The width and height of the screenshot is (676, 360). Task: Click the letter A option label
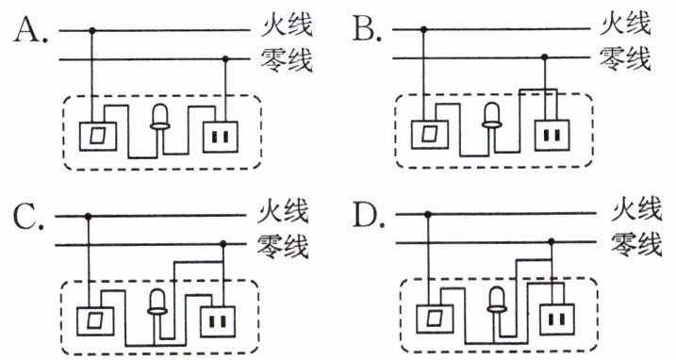tap(30, 30)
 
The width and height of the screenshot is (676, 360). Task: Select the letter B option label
tap(368, 29)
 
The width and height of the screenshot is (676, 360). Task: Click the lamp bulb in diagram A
tap(159, 117)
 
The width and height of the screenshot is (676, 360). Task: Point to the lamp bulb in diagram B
tap(491, 116)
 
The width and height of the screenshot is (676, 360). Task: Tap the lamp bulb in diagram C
tap(157, 302)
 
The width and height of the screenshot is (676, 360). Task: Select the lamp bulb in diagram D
tap(497, 301)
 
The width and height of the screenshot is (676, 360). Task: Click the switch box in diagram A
tap(97, 137)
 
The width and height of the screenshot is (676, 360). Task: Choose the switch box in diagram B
tap(429, 135)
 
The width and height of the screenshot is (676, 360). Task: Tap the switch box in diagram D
tap(435, 319)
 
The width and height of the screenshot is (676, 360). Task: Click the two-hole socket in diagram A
tap(221, 137)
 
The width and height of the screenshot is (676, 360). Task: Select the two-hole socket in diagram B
tap(552, 136)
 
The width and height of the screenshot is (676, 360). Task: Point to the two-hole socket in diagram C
tap(218, 321)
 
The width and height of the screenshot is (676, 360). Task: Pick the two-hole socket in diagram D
tap(557, 319)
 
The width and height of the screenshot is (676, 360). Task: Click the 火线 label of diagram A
tap(287, 25)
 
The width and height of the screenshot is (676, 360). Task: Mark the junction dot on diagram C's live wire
tap(89, 216)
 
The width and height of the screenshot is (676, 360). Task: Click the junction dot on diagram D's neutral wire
tap(551, 241)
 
